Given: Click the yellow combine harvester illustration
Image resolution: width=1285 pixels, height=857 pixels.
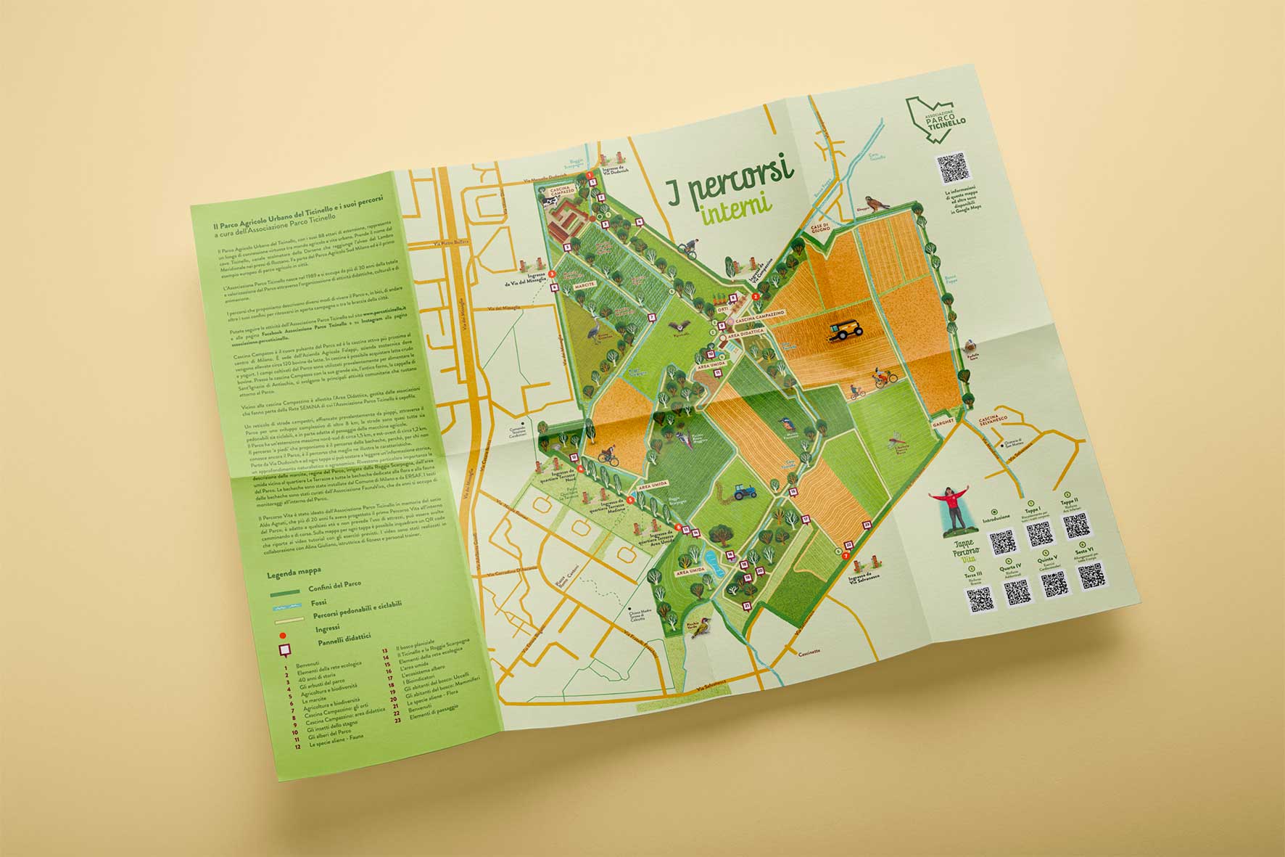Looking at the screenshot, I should click(846, 331).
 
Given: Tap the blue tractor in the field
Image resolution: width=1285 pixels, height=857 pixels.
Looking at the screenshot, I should click(743, 493).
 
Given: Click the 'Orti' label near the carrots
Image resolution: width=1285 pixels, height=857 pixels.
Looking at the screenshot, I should click(722, 309).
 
